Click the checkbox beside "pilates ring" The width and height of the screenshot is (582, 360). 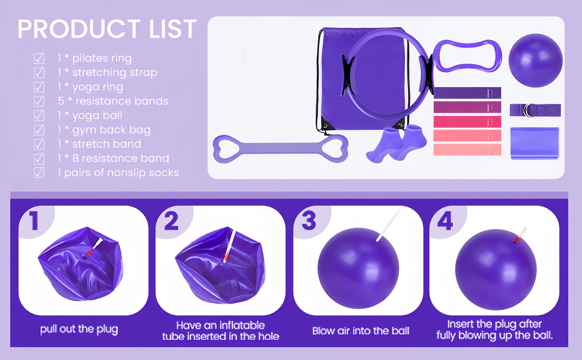(x=39, y=58)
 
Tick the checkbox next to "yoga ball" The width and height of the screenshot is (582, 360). (x=39, y=116)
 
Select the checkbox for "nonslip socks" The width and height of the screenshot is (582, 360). (x=39, y=173)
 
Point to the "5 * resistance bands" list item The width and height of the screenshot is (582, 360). (x=113, y=101)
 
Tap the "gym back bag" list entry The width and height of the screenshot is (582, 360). (x=104, y=130)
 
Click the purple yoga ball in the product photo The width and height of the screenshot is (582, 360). (x=535, y=60)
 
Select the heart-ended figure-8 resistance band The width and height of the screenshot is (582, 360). (x=280, y=149)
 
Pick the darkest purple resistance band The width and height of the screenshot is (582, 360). (x=467, y=93)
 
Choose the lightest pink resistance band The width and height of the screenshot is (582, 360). (x=467, y=149)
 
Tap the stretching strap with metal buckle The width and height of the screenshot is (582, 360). (x=535, y=110)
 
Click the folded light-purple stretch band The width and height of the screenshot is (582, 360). (x=534, y=143)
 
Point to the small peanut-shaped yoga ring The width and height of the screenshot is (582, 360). (x=467, y=56)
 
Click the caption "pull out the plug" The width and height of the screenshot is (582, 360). (x=79, y=329)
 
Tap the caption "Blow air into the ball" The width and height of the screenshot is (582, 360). (x=360, y=331)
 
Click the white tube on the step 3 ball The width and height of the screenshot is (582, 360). (x=388, y=226)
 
